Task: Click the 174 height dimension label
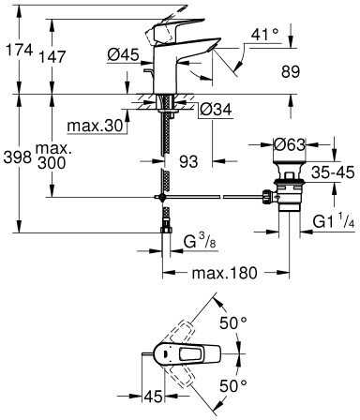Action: click(20, 50)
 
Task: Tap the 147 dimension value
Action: click(52, 56)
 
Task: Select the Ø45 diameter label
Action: click(123, 55)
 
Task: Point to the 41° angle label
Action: click(265, 34)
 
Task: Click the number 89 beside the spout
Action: click(291, 71)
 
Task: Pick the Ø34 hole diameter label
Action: click(216, 110)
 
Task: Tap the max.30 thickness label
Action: click(95, 126)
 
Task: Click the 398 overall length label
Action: click(18, 157)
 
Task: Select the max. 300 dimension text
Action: click(52, 156)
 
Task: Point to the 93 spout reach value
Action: click(188, 161)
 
